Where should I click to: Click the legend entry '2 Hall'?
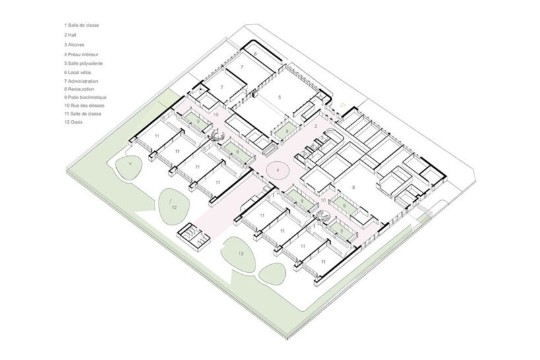[70, 35]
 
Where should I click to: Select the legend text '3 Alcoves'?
[74, 45]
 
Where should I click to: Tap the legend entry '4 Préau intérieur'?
[81, 54]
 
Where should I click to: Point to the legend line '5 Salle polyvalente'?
[83, 63]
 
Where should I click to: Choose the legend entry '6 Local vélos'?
[77, 73]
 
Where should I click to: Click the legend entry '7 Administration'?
[81, 81]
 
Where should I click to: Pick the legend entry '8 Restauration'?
[79, 89]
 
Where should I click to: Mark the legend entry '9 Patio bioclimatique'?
[85, 98]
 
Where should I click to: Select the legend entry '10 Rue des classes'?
[84, 106]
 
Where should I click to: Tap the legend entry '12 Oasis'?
[73, 122]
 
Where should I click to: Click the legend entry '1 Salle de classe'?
[81, 25]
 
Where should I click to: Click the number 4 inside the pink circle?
[277, 170]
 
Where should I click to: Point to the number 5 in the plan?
[279, 98]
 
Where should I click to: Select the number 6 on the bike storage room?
[255, 54]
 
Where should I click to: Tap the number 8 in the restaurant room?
[353, 188]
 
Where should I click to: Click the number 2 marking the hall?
[316, 127]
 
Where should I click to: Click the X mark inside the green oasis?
[130, 164]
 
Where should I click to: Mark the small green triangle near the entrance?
[342, 104]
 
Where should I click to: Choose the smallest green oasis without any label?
[272, 273]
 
